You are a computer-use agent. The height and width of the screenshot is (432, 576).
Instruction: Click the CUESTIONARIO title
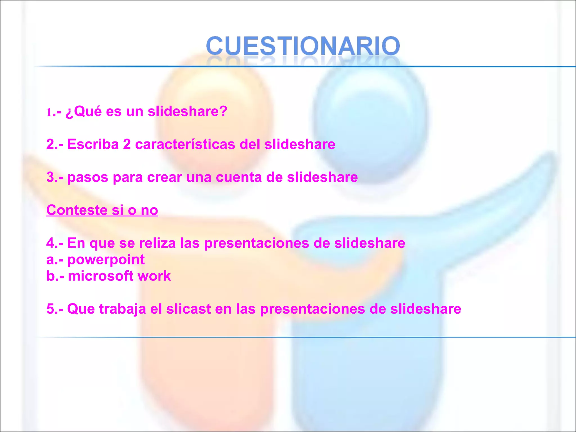[x=303, y=46]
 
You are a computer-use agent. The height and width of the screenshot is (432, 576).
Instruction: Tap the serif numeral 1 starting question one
[x=49, y=112]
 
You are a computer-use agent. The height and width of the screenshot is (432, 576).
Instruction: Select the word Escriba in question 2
[x=93, y=144]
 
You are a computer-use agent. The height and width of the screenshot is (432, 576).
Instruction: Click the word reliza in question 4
[x=157, y=243]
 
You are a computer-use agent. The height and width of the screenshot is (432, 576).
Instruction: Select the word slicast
[x=188, y=309]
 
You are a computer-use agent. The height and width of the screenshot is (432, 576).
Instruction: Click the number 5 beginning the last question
[x=50, y=309]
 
